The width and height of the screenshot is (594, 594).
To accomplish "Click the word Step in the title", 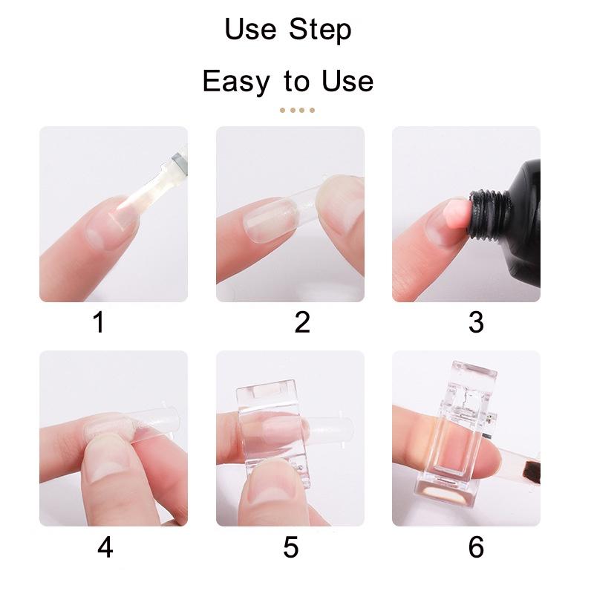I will tap(321, 31).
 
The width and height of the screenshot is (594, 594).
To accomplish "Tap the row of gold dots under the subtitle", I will tap(297, 111).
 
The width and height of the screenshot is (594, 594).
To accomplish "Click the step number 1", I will tap(99, 323).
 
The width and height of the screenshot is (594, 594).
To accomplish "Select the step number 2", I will tap(301, 323).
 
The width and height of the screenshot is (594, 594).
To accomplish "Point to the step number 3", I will tap(476, 323).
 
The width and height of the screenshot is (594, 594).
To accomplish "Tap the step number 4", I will tap(105, 547).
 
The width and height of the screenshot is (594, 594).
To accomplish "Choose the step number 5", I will tap(290, 547).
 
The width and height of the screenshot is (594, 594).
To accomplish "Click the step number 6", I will tap(476, 547).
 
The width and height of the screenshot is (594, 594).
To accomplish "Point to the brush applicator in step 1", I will tap(156, 186).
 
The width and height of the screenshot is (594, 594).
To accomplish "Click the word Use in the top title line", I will tap(249, 31).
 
